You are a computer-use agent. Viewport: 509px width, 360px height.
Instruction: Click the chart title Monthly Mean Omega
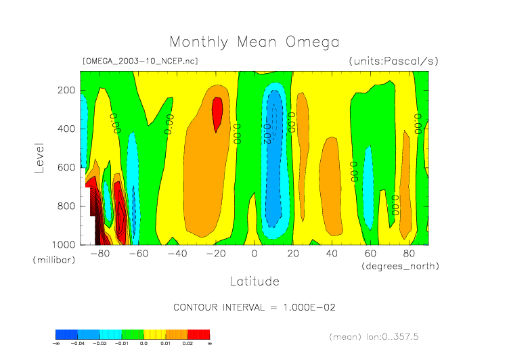[x=254, y=42]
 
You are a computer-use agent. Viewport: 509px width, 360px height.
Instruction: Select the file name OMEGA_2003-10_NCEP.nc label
[x=140, y=61]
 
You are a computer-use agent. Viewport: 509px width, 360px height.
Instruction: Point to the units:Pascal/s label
[x=393, y=61]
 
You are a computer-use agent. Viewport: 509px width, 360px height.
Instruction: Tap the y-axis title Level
[x=39, y=157]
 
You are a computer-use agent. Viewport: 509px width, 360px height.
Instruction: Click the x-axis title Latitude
[x=254, y=280]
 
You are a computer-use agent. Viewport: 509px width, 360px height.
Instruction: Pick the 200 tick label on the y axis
[x=66, y=90]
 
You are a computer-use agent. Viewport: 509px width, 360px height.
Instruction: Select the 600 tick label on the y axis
[x=66, y=167]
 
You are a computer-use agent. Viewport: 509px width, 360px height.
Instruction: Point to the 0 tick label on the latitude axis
[x=255, y=254]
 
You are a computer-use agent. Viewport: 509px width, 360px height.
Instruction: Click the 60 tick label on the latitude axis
[x=370, y=254]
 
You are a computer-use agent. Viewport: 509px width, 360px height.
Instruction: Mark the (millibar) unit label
[x=51, y=260]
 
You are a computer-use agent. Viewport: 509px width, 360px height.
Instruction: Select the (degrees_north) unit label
[x=400, y=266]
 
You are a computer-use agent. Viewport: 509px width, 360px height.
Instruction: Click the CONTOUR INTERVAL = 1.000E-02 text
[x=255, y=307]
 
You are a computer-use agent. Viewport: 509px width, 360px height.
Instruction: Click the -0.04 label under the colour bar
[x=78, y=344]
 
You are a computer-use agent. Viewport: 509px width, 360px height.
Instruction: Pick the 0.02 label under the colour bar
[x=188, y=344]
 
